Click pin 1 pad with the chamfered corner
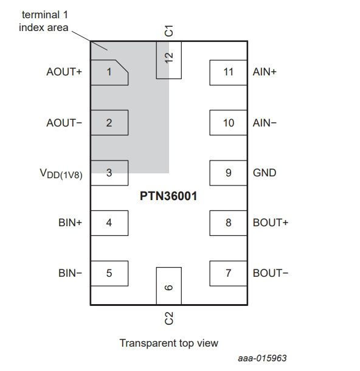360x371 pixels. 109,72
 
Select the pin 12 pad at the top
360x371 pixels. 169,60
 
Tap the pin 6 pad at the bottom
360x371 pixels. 169,286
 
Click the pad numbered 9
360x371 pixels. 228,173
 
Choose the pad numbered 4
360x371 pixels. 109,223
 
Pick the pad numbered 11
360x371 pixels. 228,72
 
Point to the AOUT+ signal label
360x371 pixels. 64,72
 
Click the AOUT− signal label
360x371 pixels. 64,123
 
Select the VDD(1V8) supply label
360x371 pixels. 61,174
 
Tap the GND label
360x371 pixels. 265,173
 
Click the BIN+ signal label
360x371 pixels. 71,223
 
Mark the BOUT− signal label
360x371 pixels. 271,273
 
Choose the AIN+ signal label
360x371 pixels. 265,72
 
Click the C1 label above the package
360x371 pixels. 168,31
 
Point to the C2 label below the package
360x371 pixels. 168,318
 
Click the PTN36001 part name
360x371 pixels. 168,196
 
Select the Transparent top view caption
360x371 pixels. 169,343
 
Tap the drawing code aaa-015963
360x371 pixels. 262,358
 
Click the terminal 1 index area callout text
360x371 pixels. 44,21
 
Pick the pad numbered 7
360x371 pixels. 228,274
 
